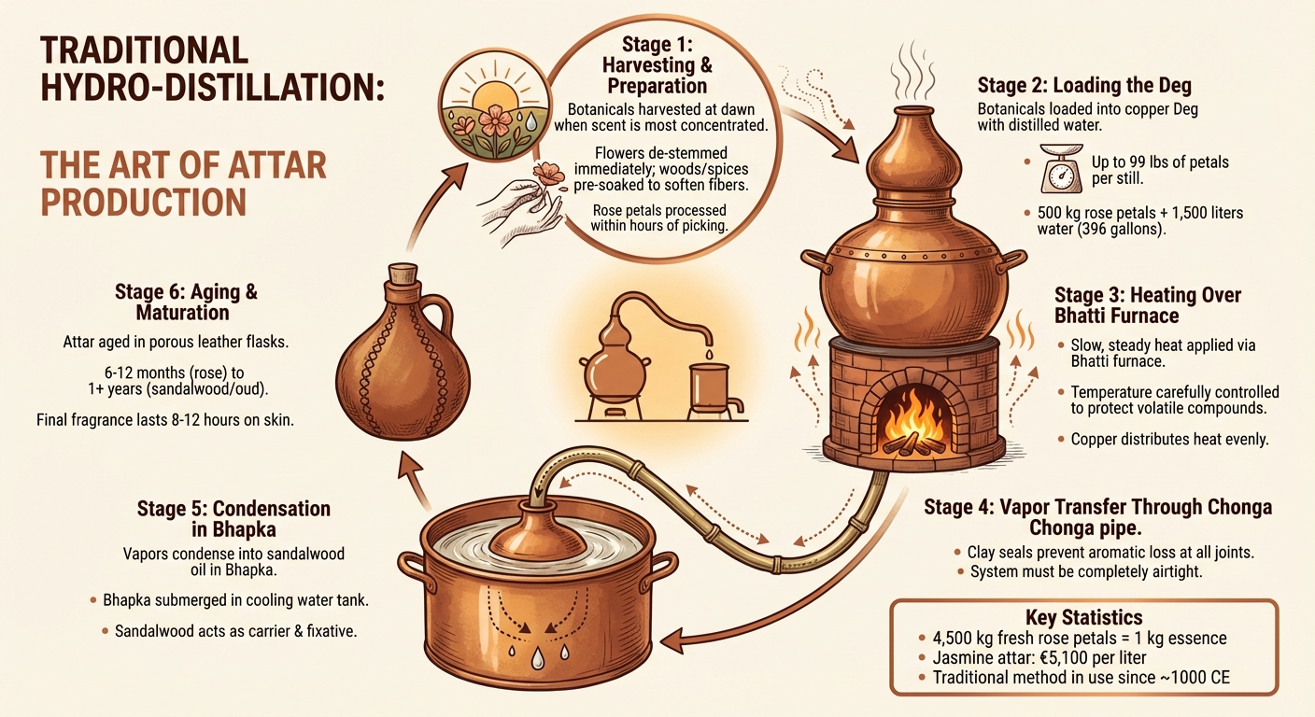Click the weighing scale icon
pos(1062,169)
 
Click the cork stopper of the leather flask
pos(403,274)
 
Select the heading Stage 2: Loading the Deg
pos(1084,86)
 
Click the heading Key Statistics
pos(1083,617)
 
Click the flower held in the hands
pos(548,176)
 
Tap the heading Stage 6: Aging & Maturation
pos(186,302)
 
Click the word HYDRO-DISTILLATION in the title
pos(212,88)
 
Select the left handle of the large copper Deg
pos(816,261)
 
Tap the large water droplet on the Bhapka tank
pos(538,659)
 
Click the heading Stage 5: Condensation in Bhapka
pos(233,519)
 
